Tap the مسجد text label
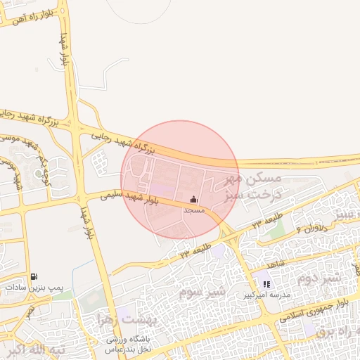tap(193, 210)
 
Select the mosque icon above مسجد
tap(194, 199)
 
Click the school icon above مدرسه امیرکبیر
tap(267, 285)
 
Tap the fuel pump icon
tap(34, 276)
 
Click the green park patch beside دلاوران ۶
tap(276, 229)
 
